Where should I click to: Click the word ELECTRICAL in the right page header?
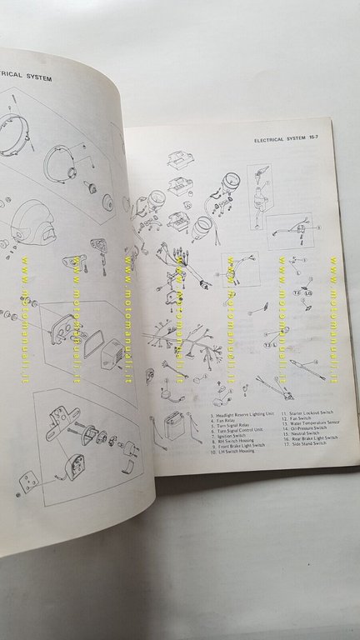274,142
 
